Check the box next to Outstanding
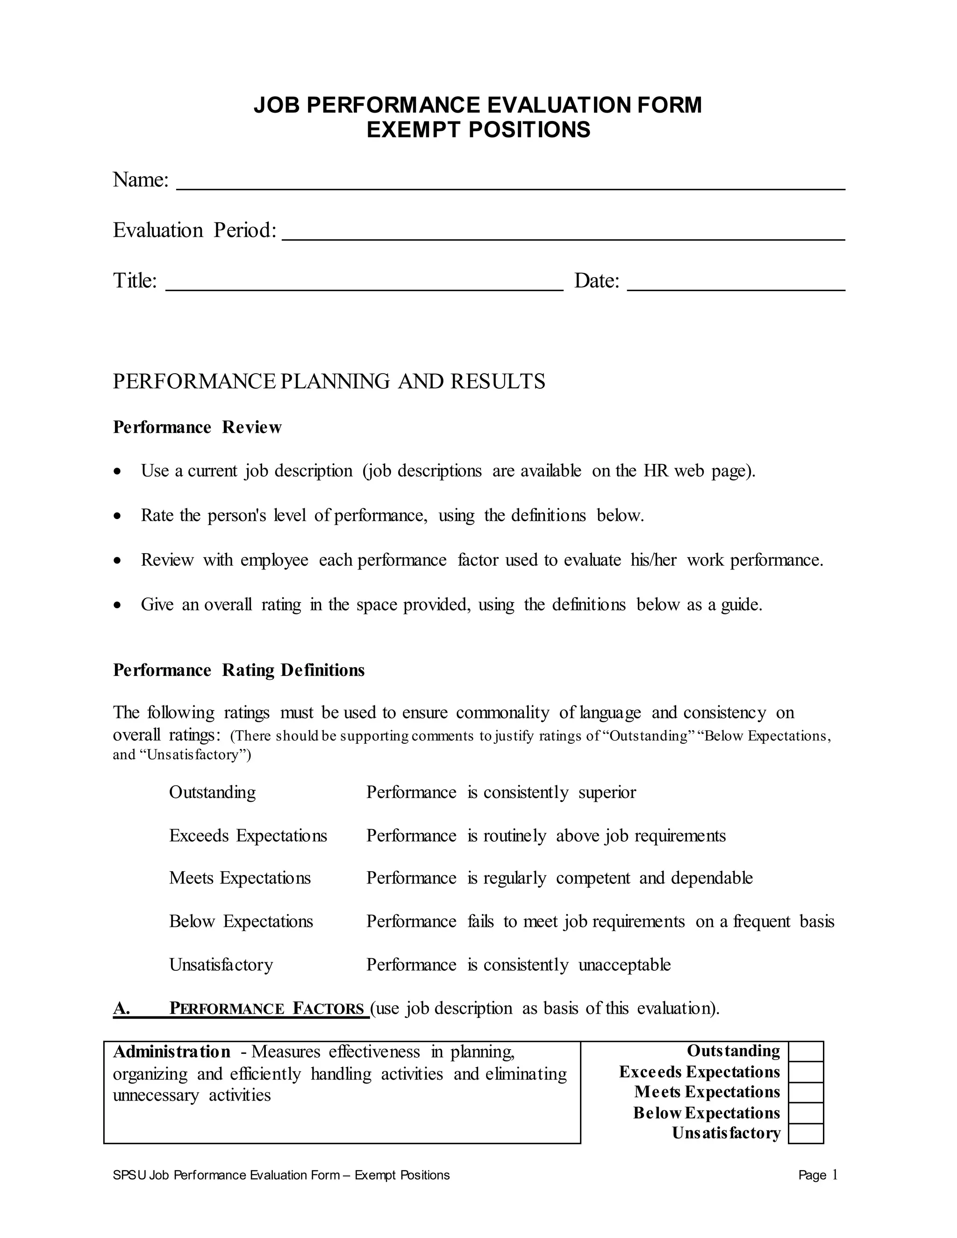tap(806, 1052)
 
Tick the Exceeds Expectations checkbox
tap(806, 1072)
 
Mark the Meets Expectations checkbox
tap(806, 1092)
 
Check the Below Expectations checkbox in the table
tap(806, 1113)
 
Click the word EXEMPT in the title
tap(414, 130)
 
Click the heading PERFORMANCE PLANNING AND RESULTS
tap(329, 382)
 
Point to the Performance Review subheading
tap(197, 427)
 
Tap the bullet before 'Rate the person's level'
tap(117, 516)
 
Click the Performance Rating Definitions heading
tap(239, 670)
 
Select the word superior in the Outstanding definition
tap(607, 792)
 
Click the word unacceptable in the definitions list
tap(624, 965)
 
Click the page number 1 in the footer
tap(835, 1175)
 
